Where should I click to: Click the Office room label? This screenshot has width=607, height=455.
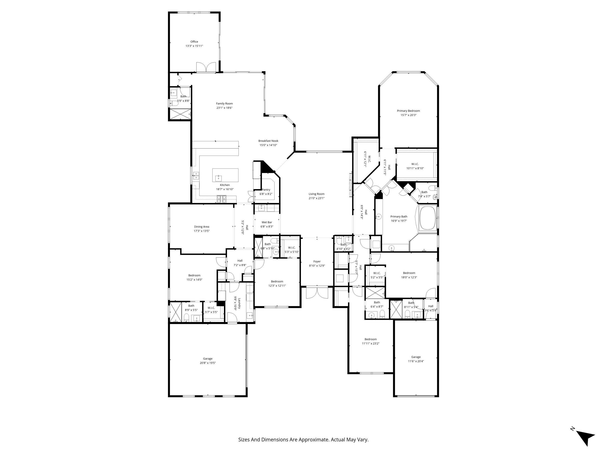194,42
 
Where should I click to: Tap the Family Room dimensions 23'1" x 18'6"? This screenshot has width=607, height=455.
225,108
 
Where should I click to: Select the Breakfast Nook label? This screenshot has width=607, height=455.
268,141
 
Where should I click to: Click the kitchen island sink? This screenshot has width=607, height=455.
219,178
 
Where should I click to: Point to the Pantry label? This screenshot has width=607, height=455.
266,190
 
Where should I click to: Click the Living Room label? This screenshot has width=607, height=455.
316,194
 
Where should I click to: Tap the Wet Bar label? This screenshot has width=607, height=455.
267,222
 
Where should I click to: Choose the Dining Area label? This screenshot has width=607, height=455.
202,227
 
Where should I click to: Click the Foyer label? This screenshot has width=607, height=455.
317,261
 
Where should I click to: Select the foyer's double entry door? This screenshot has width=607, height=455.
317,292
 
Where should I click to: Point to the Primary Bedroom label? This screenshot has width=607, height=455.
408,111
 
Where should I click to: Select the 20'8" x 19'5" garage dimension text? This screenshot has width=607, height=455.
208,363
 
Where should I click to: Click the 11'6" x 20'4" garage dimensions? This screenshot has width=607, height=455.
416,361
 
